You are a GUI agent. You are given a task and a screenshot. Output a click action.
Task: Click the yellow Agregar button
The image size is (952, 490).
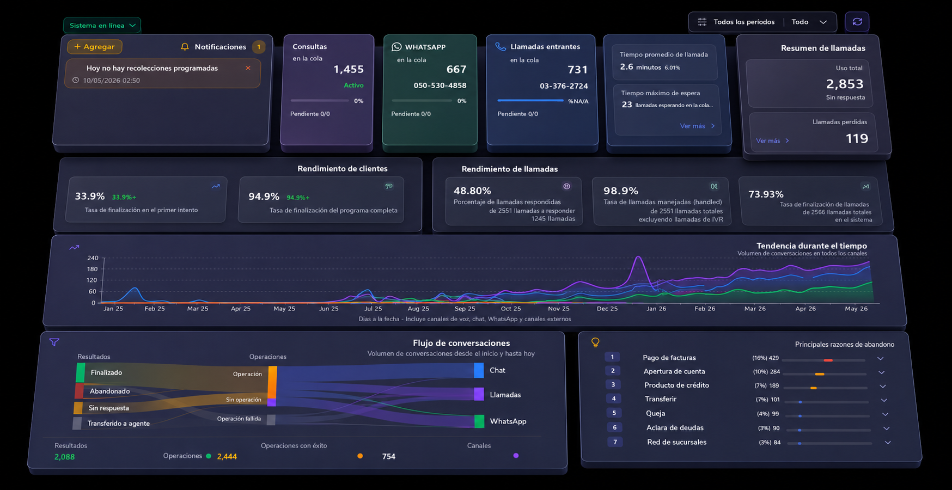click(x=95, y=47)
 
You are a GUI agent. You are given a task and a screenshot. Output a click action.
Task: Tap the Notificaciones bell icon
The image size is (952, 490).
click(x=185, y=47)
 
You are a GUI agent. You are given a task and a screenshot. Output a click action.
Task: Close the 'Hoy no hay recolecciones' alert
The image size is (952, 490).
click(x=248, y=68)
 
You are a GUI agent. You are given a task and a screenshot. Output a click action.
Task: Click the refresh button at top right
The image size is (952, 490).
click(x=857, y=22)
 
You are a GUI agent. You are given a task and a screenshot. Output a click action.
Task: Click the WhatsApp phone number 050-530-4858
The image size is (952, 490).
click(x=440, y=85)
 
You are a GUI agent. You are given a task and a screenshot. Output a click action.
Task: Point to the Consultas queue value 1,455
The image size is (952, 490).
click(x=349, y=69)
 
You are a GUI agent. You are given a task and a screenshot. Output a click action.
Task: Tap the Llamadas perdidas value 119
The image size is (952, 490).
click(x=857, y=139)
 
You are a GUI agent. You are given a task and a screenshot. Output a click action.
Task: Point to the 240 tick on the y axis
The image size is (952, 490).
click(x=93, y=258)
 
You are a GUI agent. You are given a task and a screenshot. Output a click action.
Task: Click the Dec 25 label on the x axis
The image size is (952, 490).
click(x=607, y=309)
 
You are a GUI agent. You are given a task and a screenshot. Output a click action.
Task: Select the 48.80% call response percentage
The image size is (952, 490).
click(x=472, y=191)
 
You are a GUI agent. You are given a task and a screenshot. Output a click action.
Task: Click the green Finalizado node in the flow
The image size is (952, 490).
click(x=81, y=372)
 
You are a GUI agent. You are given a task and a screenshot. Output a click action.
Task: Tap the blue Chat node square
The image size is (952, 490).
click(x=479, y=370)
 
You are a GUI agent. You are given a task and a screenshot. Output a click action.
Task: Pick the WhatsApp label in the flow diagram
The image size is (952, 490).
click(x=508, y=421)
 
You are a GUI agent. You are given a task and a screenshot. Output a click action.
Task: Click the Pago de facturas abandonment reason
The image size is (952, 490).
click(x=669, y=358)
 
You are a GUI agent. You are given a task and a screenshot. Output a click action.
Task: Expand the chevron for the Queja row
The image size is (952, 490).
click(x=885, y=414)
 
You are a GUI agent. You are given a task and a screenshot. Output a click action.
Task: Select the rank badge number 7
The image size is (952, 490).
click(x=615, y=442)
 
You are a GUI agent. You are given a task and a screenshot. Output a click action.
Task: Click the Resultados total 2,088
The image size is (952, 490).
click(x=64, y=457)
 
